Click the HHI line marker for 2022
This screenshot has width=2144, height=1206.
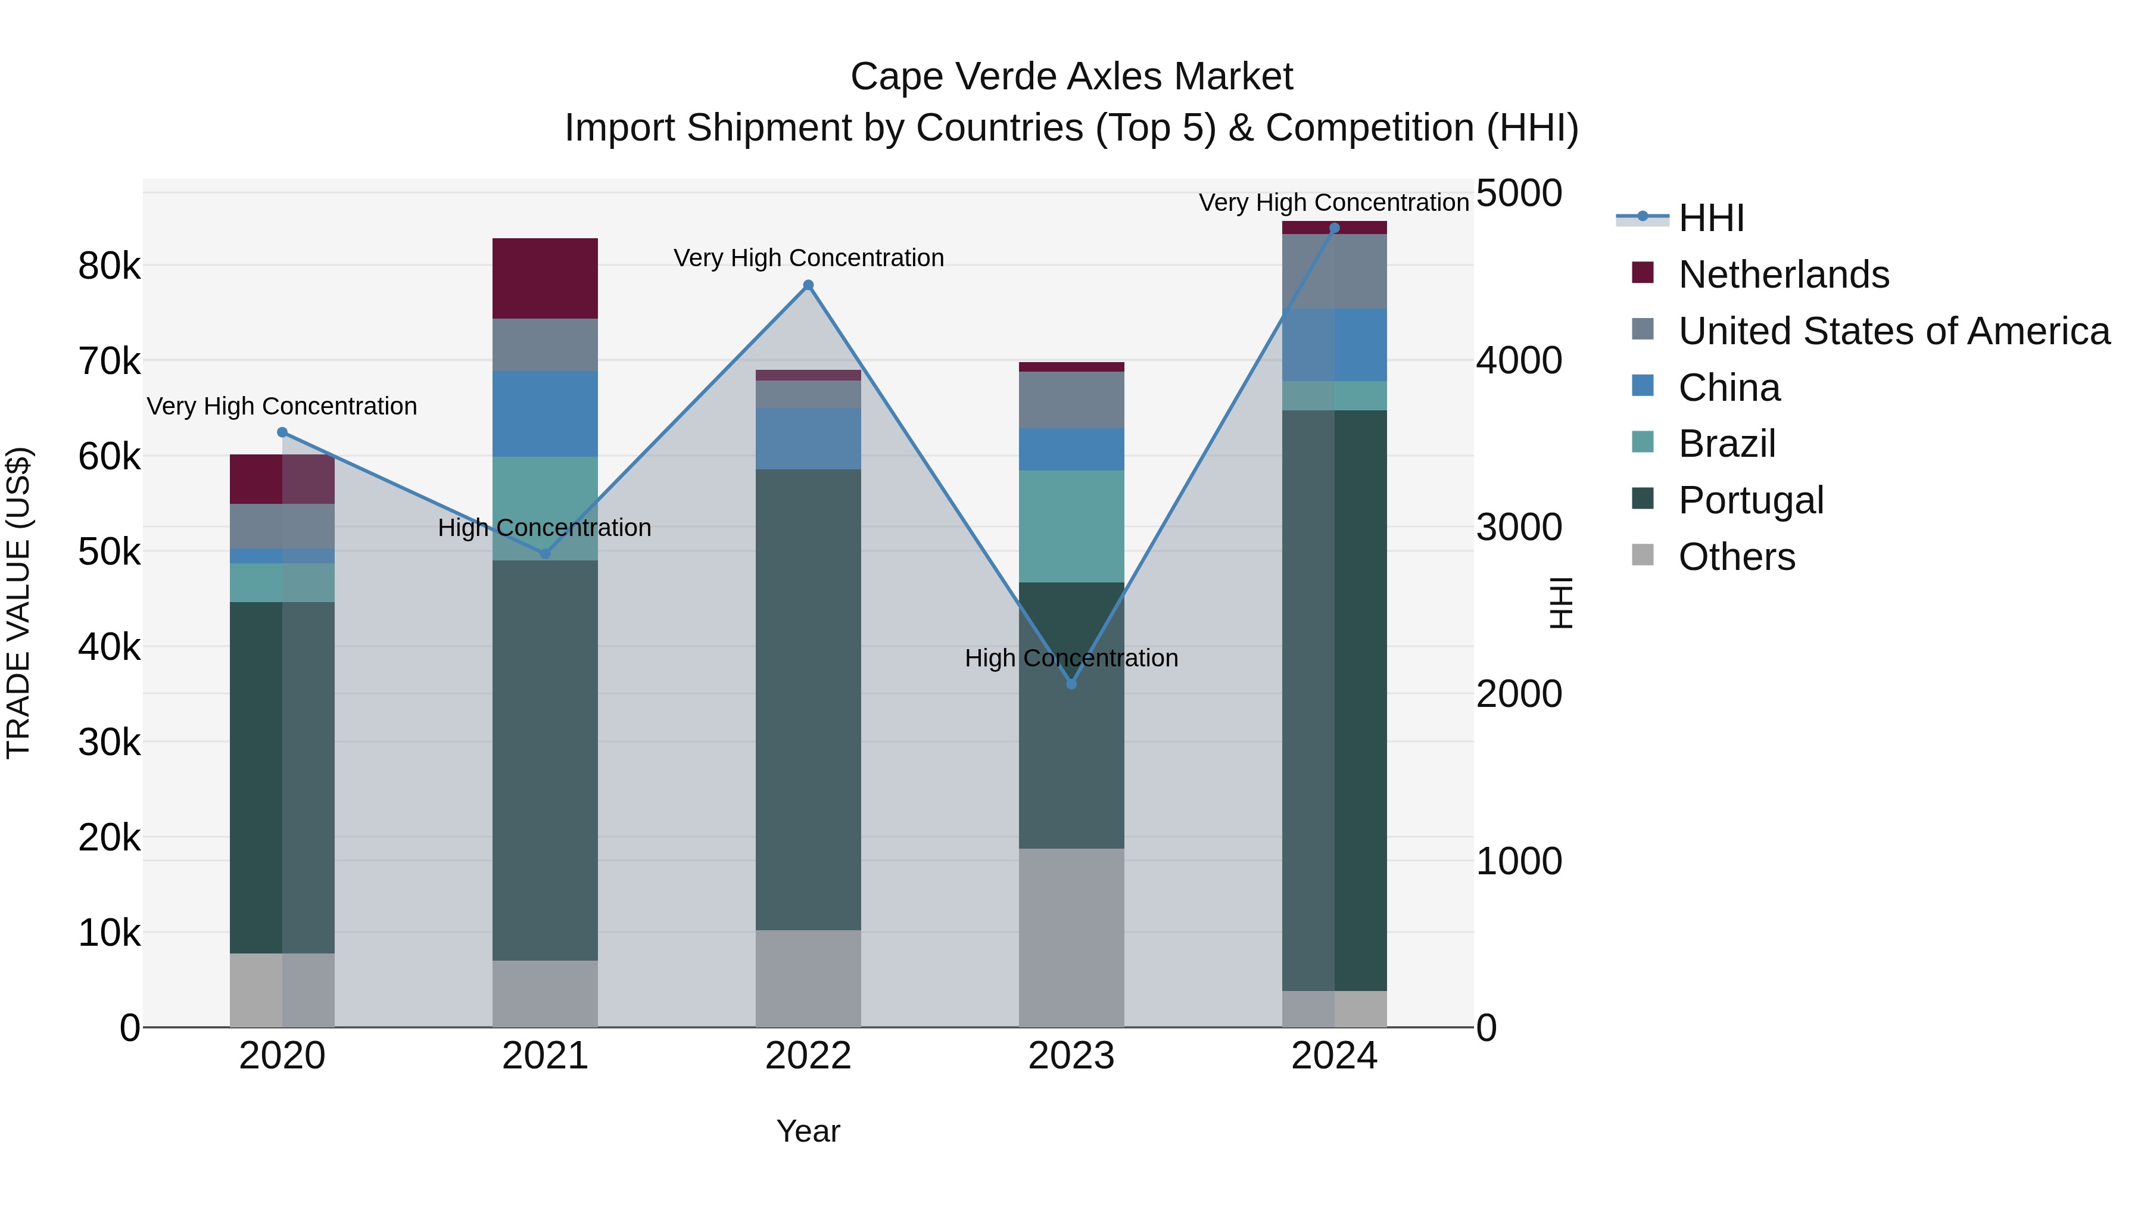808,285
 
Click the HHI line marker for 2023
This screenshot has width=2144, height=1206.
1071,684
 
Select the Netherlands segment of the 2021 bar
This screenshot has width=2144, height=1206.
545,278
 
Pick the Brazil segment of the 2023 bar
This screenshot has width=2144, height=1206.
1071,526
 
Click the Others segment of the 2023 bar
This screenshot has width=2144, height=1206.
1071,937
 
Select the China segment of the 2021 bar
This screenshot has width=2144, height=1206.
545,414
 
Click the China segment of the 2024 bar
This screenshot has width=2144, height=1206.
1334,345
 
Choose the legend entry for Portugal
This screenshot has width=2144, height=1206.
1750,500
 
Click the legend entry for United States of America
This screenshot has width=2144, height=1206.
1893,331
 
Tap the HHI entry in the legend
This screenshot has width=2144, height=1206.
1710,218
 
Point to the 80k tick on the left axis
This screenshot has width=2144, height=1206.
109,266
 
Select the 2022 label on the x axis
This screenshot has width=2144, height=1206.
808,1056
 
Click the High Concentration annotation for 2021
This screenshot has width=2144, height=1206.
544,528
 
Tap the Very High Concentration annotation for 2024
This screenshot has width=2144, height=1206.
1333,202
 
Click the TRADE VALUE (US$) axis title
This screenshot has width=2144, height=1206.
18,603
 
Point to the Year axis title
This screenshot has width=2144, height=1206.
808,1131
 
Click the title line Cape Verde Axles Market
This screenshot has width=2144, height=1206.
1071,77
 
